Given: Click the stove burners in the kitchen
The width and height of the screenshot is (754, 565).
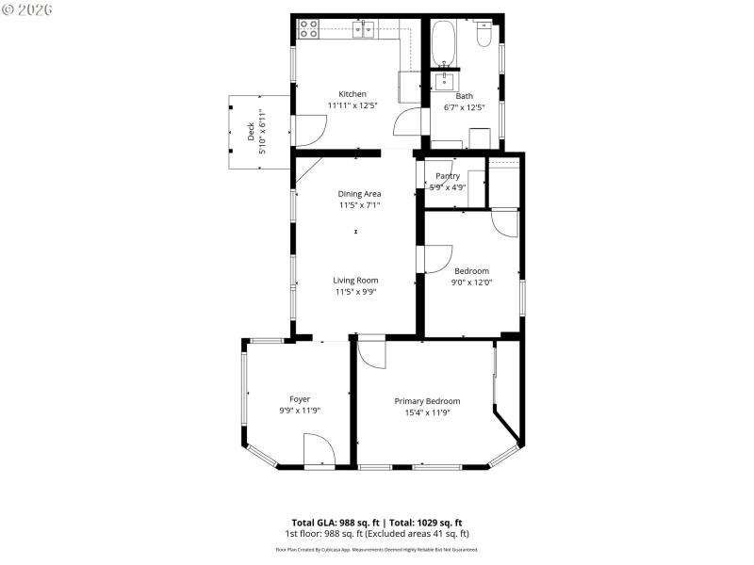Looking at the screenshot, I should click(x=308, y=29).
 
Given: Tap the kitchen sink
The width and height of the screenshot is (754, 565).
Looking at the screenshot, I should click(x=365, y=30).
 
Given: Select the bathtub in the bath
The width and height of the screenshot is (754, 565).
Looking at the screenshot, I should click(x=444, y=43).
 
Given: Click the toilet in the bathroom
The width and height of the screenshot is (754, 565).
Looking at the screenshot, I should click(x=484, y=36).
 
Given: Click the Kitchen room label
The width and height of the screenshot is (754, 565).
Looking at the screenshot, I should click(x=352, y=94).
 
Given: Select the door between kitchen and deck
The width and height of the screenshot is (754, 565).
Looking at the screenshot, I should click(x=304, y=130).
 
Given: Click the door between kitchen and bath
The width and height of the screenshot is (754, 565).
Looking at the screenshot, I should click(x=408, y=121).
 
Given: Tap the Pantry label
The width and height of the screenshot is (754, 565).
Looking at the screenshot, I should click(x=448, y=175).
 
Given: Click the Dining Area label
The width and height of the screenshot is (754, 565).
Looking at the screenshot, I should click(x=359, y=194).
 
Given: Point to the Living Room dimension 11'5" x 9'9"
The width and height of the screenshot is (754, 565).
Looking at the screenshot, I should click(x=355, y=292).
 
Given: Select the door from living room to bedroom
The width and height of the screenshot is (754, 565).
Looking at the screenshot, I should click(x=434, y=260).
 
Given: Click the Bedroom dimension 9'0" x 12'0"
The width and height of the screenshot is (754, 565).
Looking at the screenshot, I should click(x=472, y=282).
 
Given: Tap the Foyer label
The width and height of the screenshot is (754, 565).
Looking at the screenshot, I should click(x=300, y=398).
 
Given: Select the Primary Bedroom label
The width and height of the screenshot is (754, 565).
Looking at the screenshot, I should click(x=427, y=400).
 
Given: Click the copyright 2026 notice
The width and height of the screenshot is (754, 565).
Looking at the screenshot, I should click(x=28, y=9).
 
